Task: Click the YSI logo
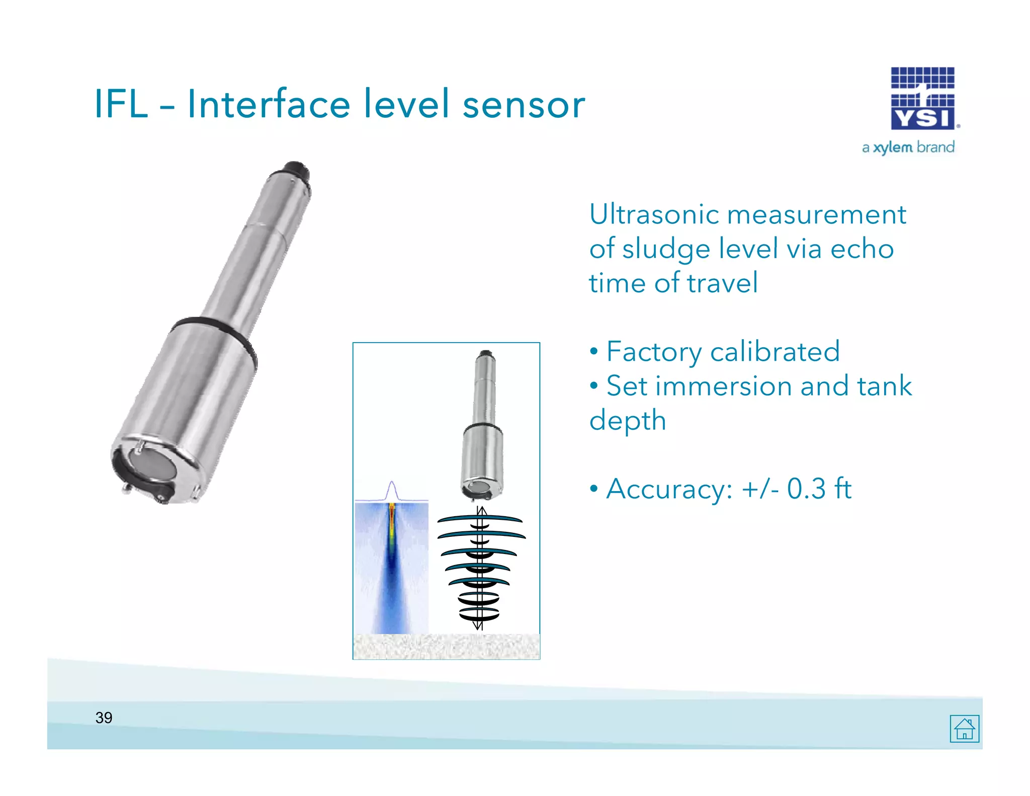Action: pyautogui.click(x=923, y=99)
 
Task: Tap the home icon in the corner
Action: pyautogui.click(x=964, y=729)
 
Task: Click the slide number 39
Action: pyautogui.click(x=104, y=718)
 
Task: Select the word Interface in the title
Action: pyautogui.click(x=269, y=104)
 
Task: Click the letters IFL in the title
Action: pyautogui.click(x=121, y=104)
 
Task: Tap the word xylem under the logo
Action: pyautogui.click(x=893, y=147)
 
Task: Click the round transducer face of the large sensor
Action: pyautogui.click(x=152, y=464)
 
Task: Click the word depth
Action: pyautogui.click(x=627, y=421)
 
